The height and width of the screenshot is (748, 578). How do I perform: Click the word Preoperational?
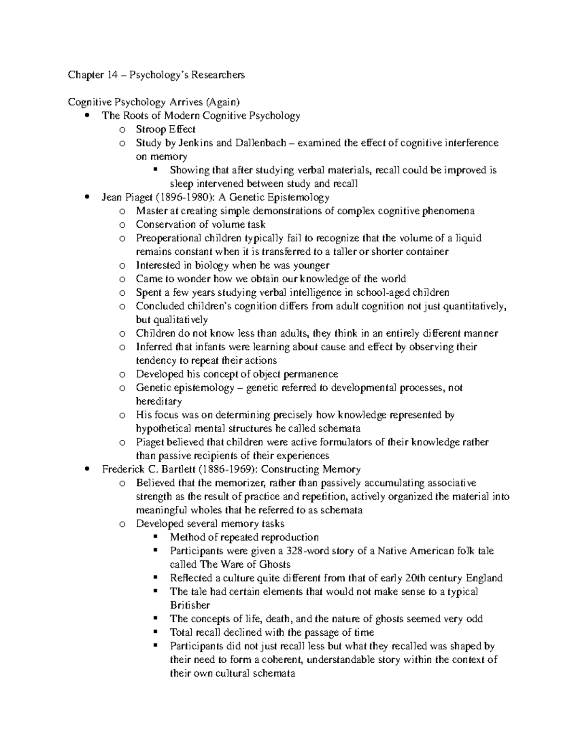pyautogui.click(x=169, y=238)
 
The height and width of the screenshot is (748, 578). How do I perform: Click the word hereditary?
pyautogui.click(x=159, y=401)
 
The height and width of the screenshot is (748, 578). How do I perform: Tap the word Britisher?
pyautogui.click(x=190, y=605)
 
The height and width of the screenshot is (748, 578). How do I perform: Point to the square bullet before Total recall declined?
pyautogui.click(x=155, y=632)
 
